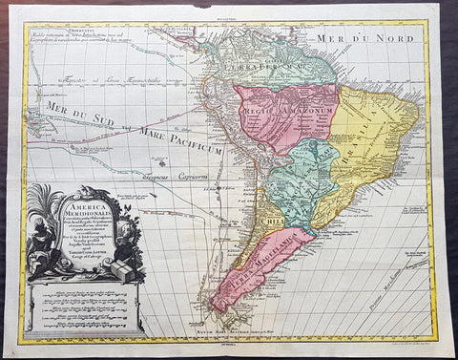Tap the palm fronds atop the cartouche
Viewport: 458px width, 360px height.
click(44, 201)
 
